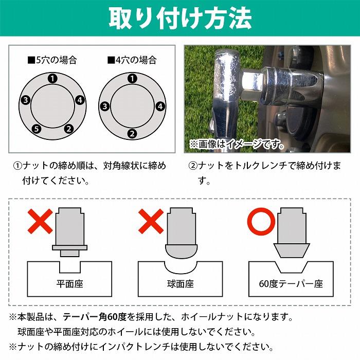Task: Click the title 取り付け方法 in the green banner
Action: click(x=180, y=19)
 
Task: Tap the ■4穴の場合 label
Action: click(x=132, y=60)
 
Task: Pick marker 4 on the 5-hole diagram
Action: click(x=80, y=100)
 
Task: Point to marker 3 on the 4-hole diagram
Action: click(x=104, y=107)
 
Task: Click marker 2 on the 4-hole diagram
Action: click(x=132, y=134)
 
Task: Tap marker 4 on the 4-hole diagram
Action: click(x=160, y=107)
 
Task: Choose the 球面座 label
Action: click(x=180, y=284)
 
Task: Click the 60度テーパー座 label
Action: click(x=292, y=284)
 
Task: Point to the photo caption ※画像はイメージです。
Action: click(x=237, y=145)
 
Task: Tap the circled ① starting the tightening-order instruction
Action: click(x=17, y=166)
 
